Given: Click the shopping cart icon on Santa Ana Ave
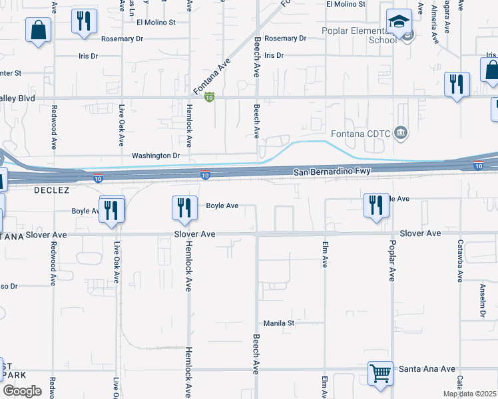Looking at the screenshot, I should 380,374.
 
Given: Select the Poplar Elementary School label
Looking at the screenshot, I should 360,35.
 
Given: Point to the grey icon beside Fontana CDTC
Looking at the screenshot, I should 400,132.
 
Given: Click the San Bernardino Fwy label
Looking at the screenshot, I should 332,172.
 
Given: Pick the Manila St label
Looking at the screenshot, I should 279,323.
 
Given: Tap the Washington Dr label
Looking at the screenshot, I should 156,156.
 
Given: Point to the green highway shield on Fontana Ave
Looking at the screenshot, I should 209,98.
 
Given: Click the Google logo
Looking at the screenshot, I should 22,391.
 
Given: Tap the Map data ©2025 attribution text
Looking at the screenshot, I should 469,394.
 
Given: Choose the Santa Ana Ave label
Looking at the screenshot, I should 427,368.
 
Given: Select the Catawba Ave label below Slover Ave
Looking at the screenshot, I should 459,263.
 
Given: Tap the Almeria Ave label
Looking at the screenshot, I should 434,23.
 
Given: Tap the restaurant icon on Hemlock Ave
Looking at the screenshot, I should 182,209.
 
